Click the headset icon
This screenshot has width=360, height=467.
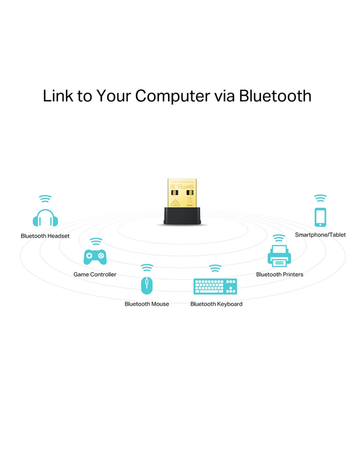click(45, 218)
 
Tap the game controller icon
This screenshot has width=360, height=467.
click(95, 257)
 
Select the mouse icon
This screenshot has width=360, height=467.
click(147, 285)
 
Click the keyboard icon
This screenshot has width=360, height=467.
click(215, 286)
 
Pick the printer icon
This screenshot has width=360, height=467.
click(279, 255)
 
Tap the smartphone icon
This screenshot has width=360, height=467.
click(320, 217)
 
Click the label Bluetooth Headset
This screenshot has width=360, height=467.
click(45, 236)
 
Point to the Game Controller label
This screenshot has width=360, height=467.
click(95, 275)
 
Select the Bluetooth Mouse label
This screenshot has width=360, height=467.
click(147, 304)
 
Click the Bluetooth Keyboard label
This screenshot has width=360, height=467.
click(216, 304)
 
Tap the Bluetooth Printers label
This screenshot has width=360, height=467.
click(280, 275)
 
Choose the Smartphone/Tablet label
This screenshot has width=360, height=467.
click(320, 235)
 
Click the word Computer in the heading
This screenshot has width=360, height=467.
click(173, 96)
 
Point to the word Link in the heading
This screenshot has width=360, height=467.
click(58, 96)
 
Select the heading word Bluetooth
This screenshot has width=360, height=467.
click(275, 96)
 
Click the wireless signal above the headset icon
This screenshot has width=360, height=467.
click(45, 199)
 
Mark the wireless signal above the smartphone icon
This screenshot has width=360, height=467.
click(320, 198)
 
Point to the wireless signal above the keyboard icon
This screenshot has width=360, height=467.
click(215, 269)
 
